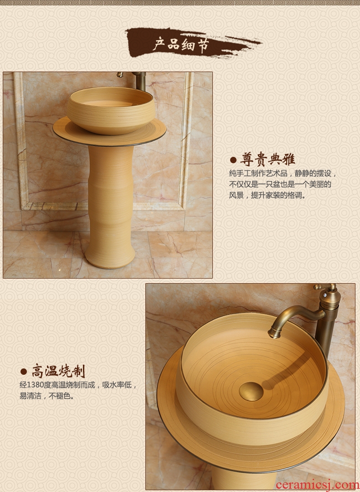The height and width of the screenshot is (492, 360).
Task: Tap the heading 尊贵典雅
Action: coord(267,160)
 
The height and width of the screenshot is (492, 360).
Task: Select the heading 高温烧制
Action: coord(58,371)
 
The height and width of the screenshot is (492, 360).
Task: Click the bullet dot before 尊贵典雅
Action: coord(233,160)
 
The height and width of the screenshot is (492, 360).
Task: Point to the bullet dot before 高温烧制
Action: coord(24,372)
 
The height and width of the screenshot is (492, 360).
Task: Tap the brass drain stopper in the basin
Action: coord(251,391)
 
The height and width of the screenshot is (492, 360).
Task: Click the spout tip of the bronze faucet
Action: coord(273,334)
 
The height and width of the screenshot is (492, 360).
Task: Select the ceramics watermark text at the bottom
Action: coord(318,485)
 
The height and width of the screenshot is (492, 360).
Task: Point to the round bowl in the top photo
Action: coord(111,110)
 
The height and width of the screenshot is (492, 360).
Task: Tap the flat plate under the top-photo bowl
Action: coord(109,132)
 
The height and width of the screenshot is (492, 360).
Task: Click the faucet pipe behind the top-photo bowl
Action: coord(140,81)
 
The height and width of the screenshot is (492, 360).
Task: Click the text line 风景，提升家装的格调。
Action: coord(267,195)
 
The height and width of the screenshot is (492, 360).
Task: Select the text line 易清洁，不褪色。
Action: coord(48,396)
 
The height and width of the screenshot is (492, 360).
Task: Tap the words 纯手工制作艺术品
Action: coord(258,173)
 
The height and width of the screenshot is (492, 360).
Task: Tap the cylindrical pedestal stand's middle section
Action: coord(110,195)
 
